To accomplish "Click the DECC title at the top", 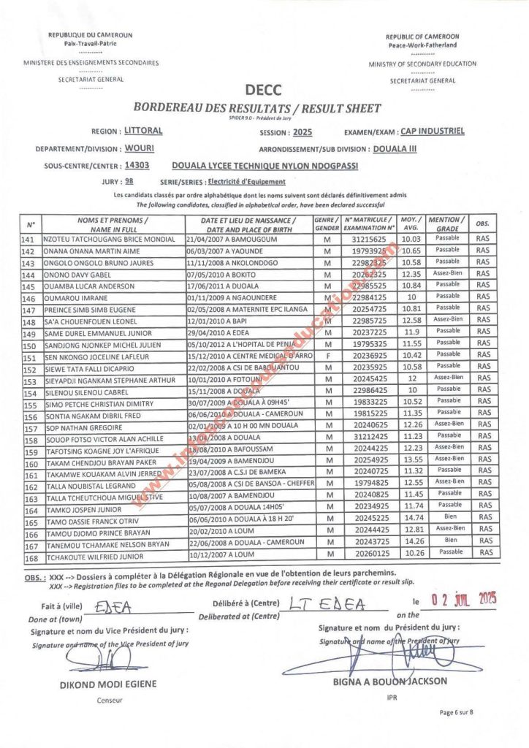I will tap(263, 90).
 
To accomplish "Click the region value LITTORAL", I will tap(143, 131).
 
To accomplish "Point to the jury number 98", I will tap(129, 180).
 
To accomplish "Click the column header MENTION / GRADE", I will tap(444, 224).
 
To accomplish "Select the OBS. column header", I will tap(482, 223).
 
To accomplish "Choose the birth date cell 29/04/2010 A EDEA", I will tap(218, 332).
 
